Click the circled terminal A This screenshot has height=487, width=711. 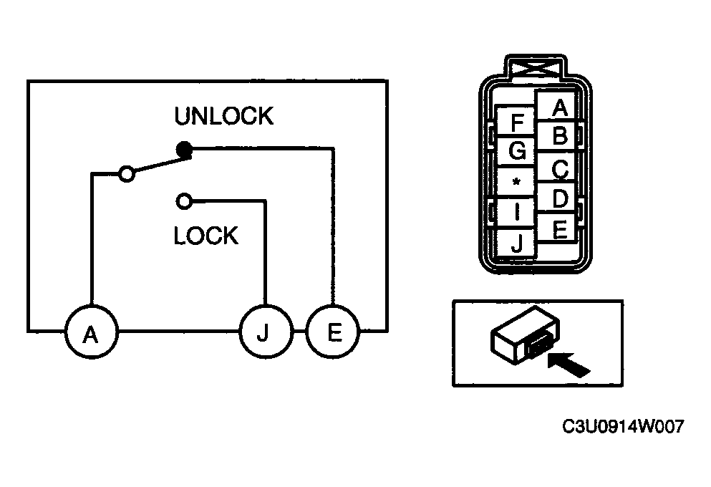point(91,332)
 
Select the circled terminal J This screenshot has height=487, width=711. point(265,332)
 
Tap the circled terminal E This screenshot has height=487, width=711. point(333,332)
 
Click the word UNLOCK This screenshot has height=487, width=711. point(224,116)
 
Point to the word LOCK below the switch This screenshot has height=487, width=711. point(206,236)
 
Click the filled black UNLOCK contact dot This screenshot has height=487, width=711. point(184,149)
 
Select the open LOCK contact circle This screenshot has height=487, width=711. point(183,201)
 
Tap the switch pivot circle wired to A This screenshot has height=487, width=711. point(127,173)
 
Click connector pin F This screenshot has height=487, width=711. point(516,121)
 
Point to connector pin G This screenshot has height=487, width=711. point(516,151)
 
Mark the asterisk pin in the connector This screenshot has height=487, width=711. point(516,183)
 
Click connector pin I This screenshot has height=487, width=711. point(516,213)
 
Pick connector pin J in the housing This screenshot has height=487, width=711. point(516,243)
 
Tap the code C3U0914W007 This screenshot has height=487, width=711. point(623,427)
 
